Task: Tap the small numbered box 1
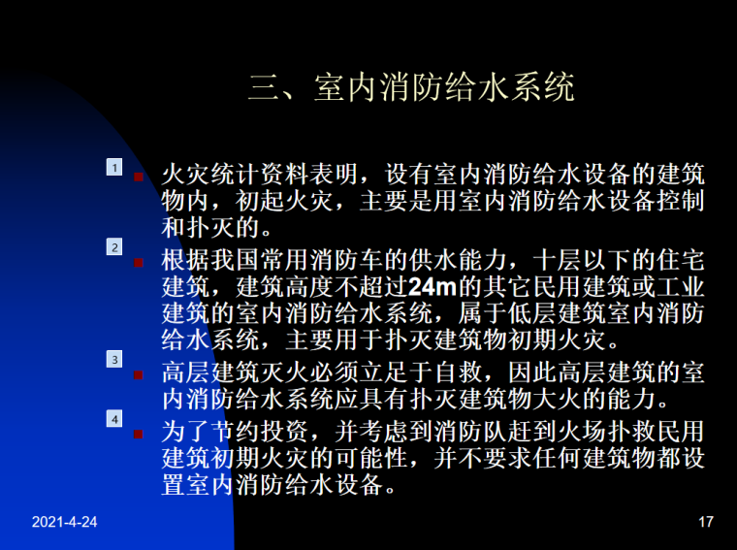114,168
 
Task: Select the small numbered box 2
114,248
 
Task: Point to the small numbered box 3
114,359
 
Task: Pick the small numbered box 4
114,419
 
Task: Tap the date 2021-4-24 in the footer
64,523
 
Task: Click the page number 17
705,523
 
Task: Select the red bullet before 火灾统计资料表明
140,178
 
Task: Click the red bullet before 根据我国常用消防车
140,262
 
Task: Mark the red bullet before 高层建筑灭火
140,373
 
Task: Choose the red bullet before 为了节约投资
140,434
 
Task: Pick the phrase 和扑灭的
209,229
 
